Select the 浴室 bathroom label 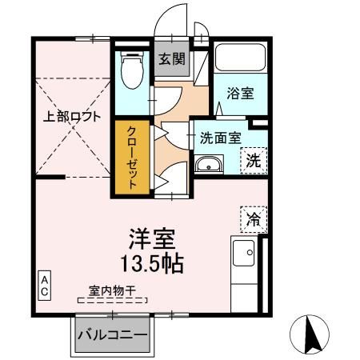(x=239, y=94)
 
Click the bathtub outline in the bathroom (x=240, y=60)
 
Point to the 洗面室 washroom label (x=219, y=137)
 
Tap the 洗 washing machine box (x=253, y=159)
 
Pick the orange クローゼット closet (x=130, y=157)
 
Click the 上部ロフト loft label (x=73, y=117)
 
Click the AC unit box (x=46, y=286)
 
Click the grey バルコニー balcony (x=113, y=334)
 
